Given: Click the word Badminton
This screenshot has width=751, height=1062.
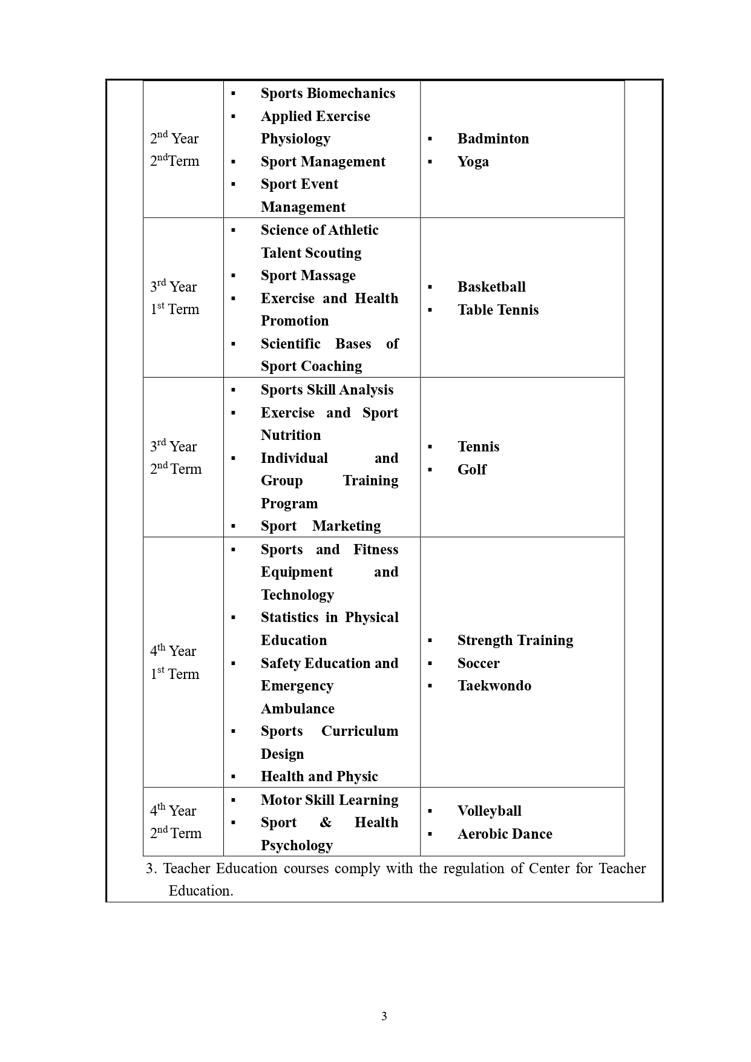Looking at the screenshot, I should coord(493,139).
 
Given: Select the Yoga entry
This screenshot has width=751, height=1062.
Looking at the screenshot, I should coord(473,162).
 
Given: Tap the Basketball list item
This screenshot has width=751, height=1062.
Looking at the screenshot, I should coord(491,287).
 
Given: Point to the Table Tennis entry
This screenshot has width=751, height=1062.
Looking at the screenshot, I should coord(497,310).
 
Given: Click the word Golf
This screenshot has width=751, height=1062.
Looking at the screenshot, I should coord(471,470).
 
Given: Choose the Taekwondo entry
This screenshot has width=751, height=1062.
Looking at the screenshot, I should coord(494,686).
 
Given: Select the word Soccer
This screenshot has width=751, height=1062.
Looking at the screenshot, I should coord(478,663).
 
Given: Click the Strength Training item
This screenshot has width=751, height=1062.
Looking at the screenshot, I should coord(515,640).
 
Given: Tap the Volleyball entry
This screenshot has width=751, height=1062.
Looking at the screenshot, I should coord(489,811).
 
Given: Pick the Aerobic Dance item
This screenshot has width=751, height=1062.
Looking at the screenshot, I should coord(505,834).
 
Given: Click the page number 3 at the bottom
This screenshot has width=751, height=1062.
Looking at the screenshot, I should coord(384,1017).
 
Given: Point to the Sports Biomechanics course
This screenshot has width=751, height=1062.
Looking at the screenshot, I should coord(327,93).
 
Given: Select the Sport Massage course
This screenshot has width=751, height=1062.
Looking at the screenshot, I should coord(308,275).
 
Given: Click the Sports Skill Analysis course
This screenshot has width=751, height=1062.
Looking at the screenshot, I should coord(327,390).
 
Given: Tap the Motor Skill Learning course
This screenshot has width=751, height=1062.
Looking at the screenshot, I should coord(329,800).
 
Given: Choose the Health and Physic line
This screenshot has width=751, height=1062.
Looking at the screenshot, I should coord(319,776).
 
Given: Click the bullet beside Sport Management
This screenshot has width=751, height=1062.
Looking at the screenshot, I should coord(233,162).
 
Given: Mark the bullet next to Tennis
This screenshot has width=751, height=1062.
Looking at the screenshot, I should coord(430,447).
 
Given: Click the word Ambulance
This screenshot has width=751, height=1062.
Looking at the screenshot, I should coord(297,709).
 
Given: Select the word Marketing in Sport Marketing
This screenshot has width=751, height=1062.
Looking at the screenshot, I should coord(346,526).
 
